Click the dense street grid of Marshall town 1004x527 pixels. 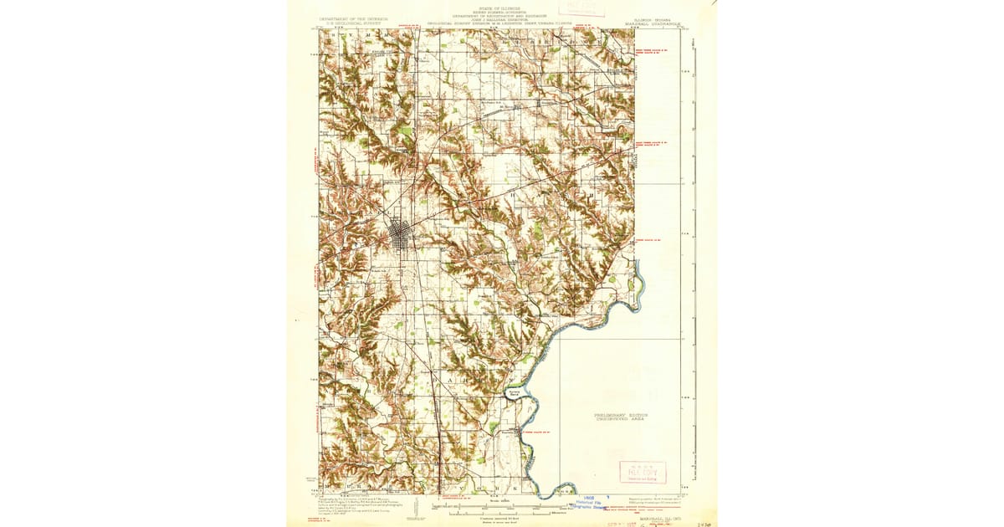coord(401,237)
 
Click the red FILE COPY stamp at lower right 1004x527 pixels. coord(642,472)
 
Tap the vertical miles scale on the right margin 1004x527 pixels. coord(694,251)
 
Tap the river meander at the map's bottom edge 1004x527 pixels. coord(556,492)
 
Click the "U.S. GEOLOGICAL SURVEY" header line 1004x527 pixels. coord(345,23)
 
